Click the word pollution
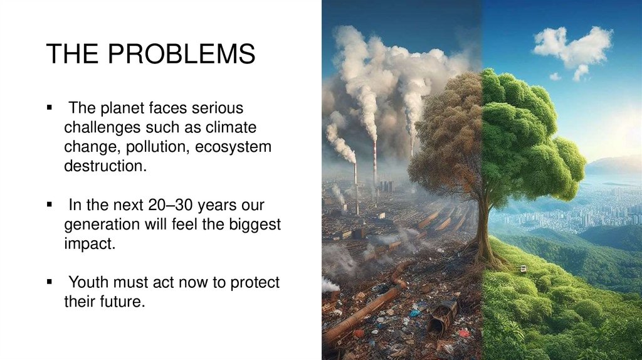(x=156, y=147)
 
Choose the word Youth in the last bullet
(x=92, y=283)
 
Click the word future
(x=122, y=302)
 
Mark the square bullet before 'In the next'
(x=48, y=206)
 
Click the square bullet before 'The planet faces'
(x=48, y=109)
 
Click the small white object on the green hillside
(x=522, y=268)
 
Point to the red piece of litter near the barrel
(x=464, y=332)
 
